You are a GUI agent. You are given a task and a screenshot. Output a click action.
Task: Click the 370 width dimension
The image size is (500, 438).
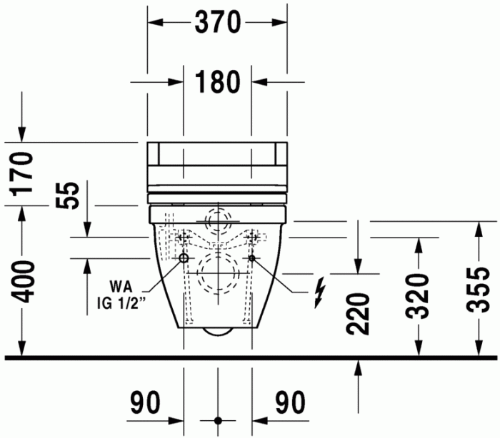click(217, 23)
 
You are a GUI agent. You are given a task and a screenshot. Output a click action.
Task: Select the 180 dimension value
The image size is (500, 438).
click(217, 81)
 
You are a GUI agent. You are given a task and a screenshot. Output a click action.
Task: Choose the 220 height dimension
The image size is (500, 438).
click(358, 315)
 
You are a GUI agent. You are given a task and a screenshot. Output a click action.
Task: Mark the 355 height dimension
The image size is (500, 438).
click(477, 289)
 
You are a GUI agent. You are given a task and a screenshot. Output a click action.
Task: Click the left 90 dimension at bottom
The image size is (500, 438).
click(146, 404)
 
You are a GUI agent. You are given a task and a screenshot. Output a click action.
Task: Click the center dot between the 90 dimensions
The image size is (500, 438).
click(218, 420)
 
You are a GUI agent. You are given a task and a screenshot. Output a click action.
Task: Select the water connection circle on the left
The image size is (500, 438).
click(184, 259)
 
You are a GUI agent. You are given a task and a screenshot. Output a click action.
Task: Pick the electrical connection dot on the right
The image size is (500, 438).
click(251, 259)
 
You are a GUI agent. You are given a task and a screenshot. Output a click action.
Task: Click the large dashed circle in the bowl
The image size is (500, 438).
click(218, 274)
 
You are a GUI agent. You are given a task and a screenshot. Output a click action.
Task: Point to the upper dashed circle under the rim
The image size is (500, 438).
click(218, 218)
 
